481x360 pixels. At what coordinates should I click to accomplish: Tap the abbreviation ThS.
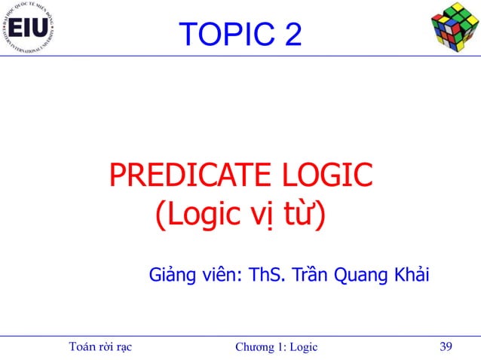coord(266,275)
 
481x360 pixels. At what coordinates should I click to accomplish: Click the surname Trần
coord(310,275)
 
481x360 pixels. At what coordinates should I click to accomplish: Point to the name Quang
coord(362,276)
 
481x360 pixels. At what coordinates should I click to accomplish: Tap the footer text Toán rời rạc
coord(100,346)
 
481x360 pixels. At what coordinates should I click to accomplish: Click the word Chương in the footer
coord(255,346)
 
